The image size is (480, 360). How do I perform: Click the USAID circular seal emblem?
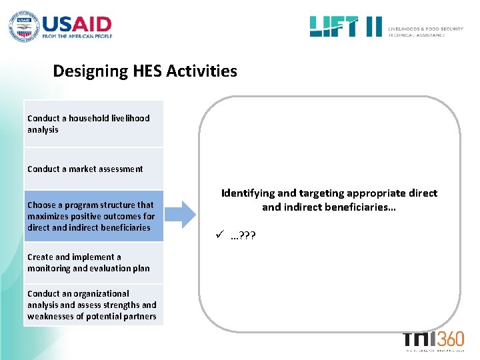tap(23, 27)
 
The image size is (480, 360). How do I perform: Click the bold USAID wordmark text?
tap(77, 24)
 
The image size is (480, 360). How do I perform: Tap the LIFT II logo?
tap(345, 27)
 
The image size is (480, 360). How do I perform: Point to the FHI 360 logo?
tap(433, 340)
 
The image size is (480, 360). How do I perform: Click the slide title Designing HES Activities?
tap(145, 71)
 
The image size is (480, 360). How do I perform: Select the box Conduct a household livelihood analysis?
tap(93, 124)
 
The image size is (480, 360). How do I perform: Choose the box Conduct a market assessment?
tap(93, 169)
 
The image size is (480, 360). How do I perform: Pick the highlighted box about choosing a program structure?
tap(93, 216)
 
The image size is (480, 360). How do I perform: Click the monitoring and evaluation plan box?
tap(93, 263)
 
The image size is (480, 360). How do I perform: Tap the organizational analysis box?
tap(93, 305)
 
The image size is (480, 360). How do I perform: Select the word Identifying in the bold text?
tap(247, 193)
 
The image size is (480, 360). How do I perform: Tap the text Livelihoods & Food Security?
tap(426, 29)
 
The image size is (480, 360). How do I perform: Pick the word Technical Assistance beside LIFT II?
tap(417, 35)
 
